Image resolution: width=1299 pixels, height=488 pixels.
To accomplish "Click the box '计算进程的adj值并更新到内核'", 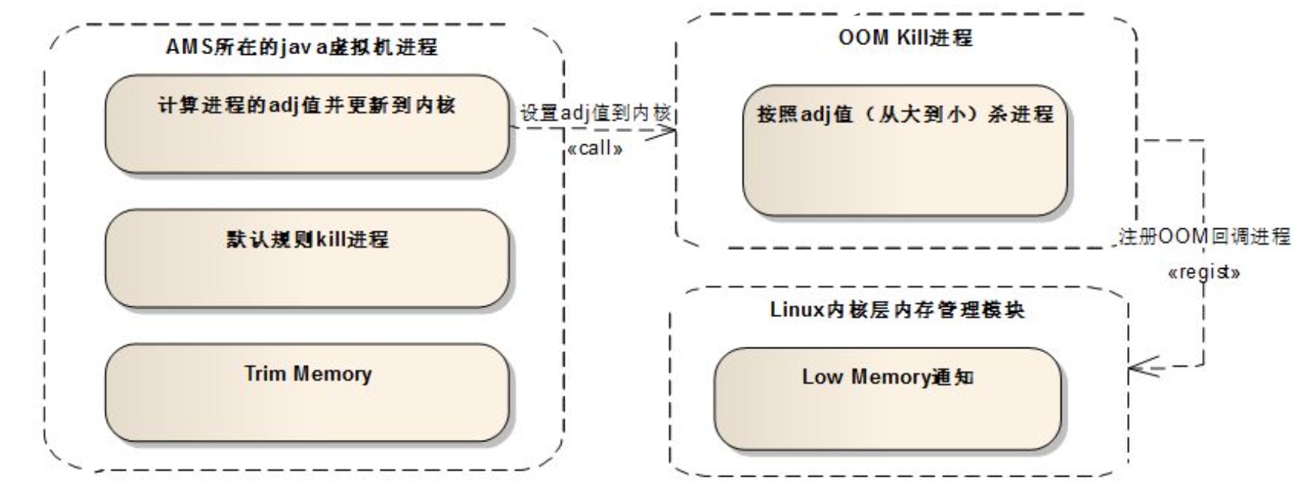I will pyautogui.click(x=306, y=124).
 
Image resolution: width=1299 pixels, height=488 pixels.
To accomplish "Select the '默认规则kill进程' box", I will pyautogui.click(x=306, y=258).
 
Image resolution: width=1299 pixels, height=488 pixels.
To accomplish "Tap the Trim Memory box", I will pyautogui.click(x=306, y=393).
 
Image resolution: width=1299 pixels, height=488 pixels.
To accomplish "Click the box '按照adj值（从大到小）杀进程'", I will pyautogui.click(x=905, y=150).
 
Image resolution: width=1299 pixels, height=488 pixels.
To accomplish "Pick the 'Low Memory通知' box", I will pyautogui.click(x=888, y=398).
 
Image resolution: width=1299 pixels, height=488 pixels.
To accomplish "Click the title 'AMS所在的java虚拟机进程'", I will pyautogui.click(x=301, y=47).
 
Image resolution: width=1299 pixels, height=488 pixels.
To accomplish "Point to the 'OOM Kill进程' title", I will pyautogui.click(x=906, y=38).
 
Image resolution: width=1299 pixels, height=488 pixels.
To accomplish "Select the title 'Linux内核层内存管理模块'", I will pyautogui.click(x=897, y=309).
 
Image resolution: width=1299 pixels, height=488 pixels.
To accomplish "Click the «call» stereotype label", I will pyautogui.click(x=595, y=148).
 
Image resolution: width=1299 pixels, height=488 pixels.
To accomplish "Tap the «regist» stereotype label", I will pyautogui.click(x=1204, y=272).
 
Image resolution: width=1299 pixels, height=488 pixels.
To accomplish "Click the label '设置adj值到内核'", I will pyautogui.click(x=595, y=113).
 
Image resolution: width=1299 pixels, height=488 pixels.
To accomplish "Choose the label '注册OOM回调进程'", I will pyautogui.click(x=1204, y=237).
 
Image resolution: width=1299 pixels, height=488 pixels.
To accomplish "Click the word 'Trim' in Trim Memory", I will pyautogui.click(x=263, y=373).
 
